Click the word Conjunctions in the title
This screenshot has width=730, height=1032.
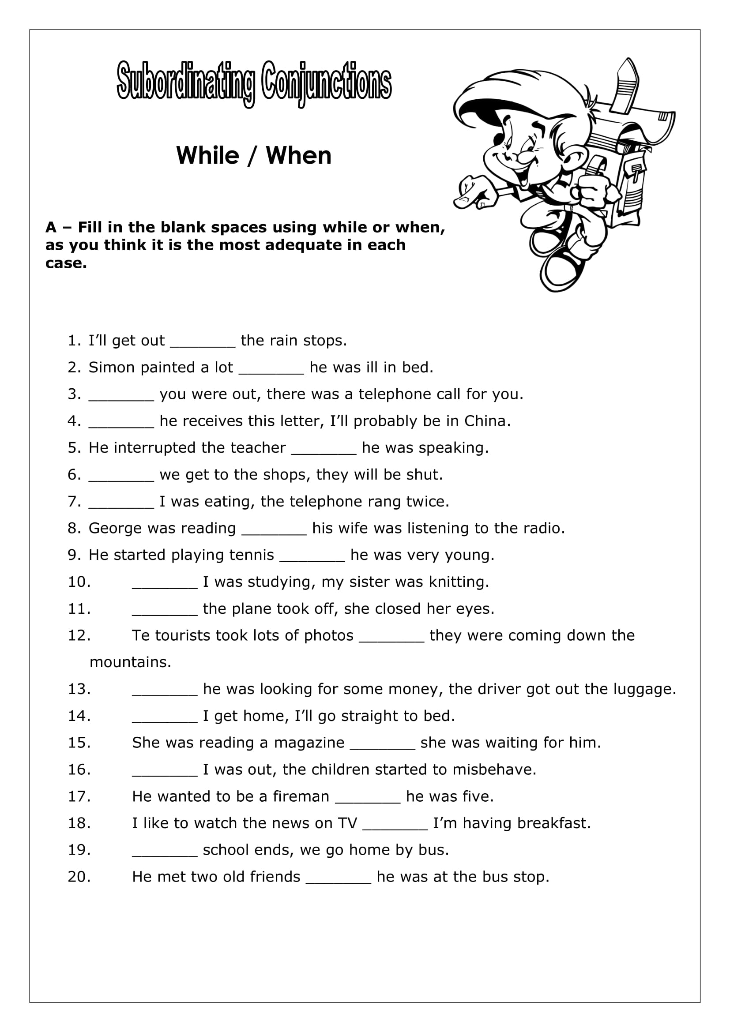click(326, 83)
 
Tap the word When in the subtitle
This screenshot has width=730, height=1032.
click(298, 155)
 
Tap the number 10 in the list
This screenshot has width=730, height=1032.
click(79, 582)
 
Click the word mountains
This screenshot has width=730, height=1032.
click(130, 663)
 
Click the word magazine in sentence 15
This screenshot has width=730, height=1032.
click(309, 743)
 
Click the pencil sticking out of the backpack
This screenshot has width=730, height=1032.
click(627, 86)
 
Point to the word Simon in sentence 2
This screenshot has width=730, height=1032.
click(112, 368)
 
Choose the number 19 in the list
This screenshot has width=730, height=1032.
click(79, 850)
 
